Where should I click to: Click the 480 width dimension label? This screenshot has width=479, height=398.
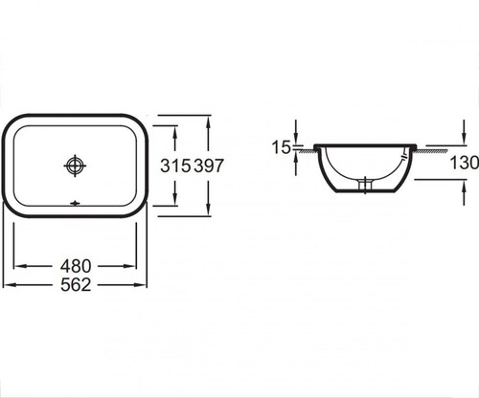pyautogui.click(x=76, y=266)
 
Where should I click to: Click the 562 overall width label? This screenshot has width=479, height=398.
pyautogui.click(x=76, y=285)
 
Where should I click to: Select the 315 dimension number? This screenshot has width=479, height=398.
pyautogui.click(x=175, y=166)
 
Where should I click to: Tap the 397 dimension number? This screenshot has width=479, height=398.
pyautogui.click(x=209, y=166)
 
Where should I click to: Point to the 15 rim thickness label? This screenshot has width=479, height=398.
pyautogui.click(x=281, y=147)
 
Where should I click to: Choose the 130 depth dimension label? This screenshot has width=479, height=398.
pyautogui.click(x=465, y=163)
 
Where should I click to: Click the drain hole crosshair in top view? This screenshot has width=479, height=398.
pyautogui.click(x=75, y=166)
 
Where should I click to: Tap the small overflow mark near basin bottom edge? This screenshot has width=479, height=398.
pyautogui.click(x=75, y=203)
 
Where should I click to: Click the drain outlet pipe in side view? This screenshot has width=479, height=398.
pyautogui.click(x=365, y=186)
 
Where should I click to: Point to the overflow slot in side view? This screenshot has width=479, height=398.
pyautogui.click(x=403, y=158)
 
